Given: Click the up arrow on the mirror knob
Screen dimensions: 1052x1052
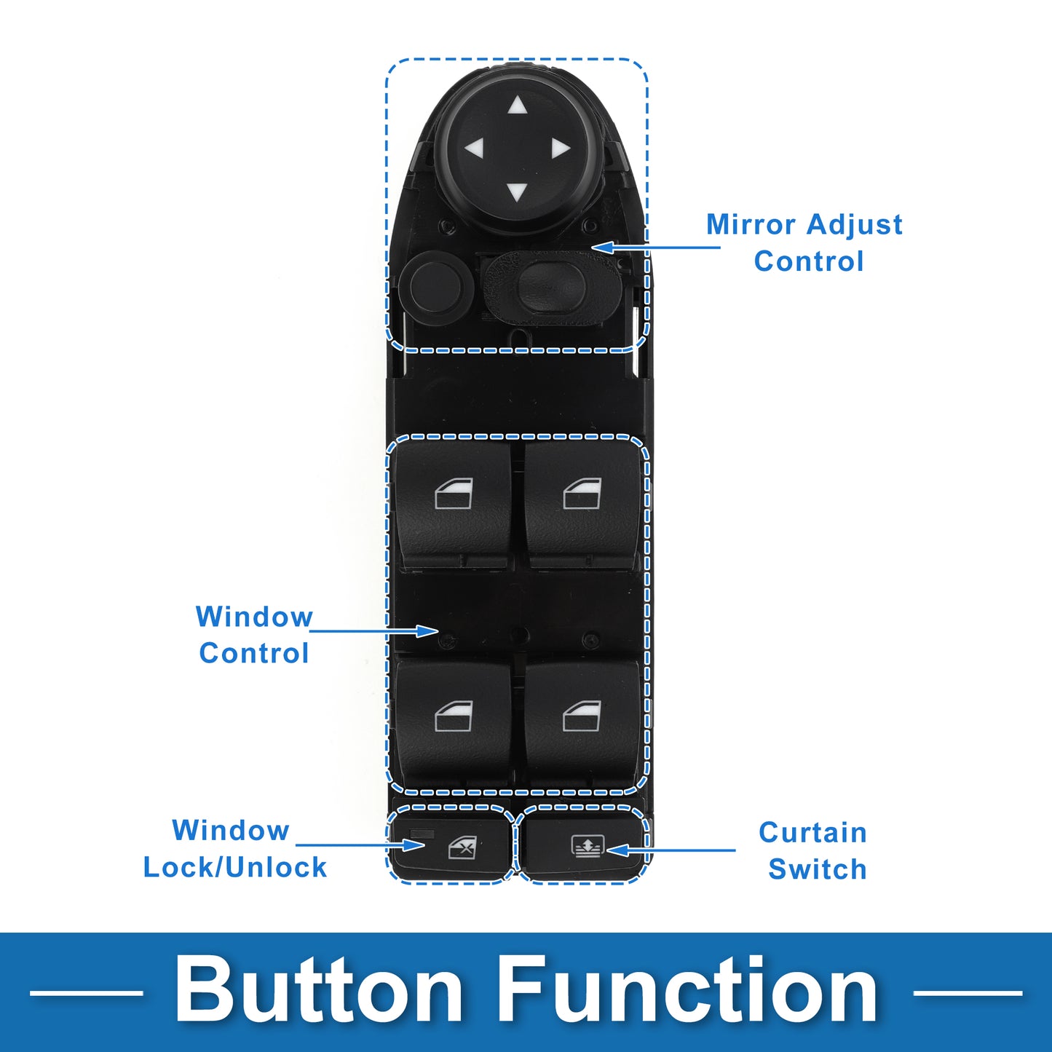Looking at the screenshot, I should coord(518,106).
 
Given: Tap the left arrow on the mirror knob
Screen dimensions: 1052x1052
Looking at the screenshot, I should coord(475,149).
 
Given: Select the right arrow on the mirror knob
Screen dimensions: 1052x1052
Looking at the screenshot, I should coord(560,149).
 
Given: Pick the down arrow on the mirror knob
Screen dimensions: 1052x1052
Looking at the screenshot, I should coord(517,191).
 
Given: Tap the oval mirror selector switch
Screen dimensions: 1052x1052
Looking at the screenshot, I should coord(552,284).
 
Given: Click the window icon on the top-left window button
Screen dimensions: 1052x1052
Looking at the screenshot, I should coord(454,494).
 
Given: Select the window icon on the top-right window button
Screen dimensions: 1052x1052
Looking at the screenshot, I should coord(582,494).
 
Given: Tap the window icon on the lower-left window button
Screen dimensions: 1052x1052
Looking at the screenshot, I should coord(454,716).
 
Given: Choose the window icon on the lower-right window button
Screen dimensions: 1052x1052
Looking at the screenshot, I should coord(582,716).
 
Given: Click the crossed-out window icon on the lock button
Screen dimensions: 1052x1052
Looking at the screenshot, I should coord(462,847).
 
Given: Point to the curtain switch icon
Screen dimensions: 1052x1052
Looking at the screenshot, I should coord(587,847).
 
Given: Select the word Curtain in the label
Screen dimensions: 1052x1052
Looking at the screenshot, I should coord(812,832).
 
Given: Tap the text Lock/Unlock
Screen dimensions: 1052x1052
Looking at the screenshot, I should coord(234,867).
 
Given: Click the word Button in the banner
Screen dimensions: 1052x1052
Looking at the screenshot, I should coord(319,990).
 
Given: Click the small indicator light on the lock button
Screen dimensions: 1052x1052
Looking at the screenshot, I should coord(422,834).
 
